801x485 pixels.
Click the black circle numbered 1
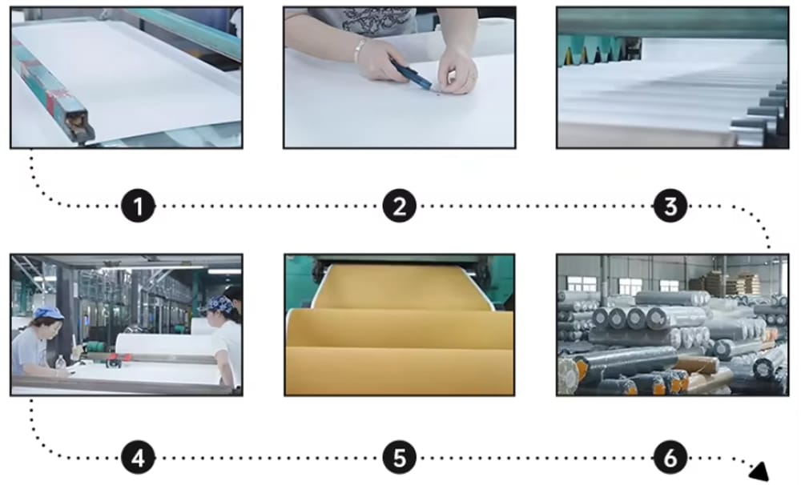(138, 206)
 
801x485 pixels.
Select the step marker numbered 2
(399, 206)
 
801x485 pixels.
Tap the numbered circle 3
(670, 206)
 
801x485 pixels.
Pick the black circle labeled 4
(138, 459)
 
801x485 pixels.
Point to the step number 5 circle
(399, 459)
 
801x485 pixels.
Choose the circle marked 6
(670, 459)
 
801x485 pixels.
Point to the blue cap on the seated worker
(47, 313)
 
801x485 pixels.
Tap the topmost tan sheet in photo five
(398, 287)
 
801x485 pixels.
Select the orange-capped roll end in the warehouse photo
(581, 370)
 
